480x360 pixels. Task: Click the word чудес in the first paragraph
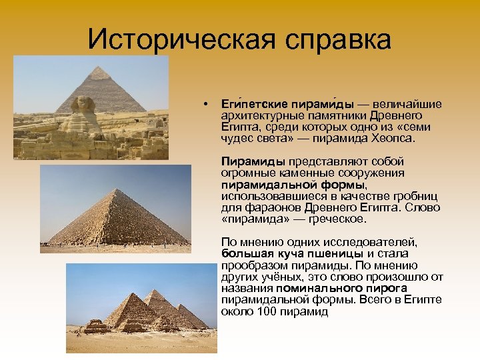click(x=235, y=139)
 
